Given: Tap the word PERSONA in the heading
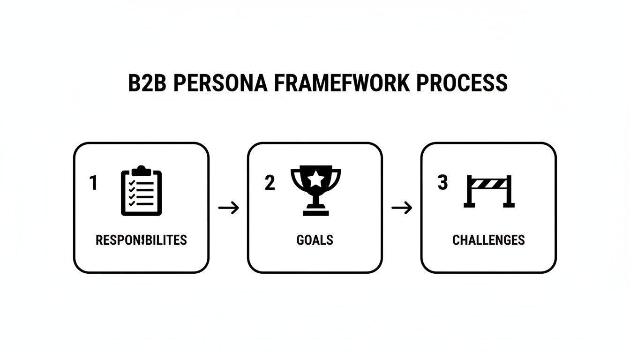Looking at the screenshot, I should point(221,82).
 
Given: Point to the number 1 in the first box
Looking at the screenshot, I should point(94,183).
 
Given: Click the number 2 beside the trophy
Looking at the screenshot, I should point(270,183).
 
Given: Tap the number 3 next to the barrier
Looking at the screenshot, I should point(442,183).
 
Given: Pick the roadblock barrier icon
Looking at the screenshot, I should point(489,191).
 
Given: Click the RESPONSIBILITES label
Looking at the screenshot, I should point(141,240).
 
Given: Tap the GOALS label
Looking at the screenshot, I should point(315,240).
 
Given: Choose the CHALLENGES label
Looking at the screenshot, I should point(488,240).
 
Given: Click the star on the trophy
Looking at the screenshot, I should point(315,179).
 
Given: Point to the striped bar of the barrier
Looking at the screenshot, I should point(489,183).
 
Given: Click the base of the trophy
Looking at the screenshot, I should point(315,212).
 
